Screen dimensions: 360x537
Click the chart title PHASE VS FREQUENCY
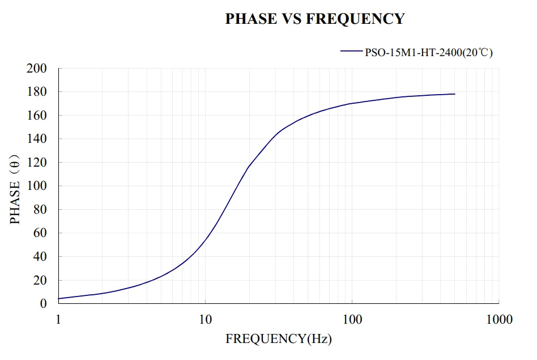315,19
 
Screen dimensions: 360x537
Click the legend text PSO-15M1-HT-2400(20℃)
429,53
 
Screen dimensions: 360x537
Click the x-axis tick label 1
58,320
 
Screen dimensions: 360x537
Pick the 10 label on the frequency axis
205,320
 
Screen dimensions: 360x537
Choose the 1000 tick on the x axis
498,320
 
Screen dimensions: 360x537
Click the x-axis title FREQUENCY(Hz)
279,339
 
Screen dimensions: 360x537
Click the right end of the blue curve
454,94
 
